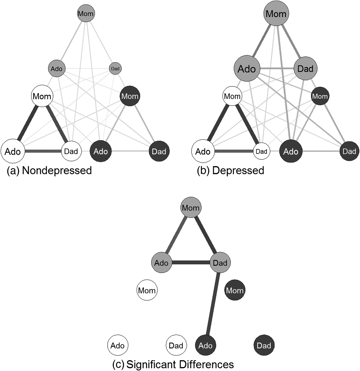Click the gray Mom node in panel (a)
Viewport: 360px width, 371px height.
click(x=86, y=13)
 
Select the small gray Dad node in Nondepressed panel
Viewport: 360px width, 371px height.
click(x=115, y=69)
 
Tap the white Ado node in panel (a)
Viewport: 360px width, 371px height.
click(x=13, y=151)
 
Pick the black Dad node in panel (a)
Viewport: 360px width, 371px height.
click(x=159, y=151)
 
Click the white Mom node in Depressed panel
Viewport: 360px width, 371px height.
click(x=232, y=96)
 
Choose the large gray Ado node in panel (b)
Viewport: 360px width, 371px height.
click(x=247, y=69)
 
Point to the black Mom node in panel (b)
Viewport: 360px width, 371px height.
click(x=320, y=96)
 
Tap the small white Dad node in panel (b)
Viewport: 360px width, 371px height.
click(x=262, y=151)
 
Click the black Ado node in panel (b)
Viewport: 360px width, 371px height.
click(x=291, y=151)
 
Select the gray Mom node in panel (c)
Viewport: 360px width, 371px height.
click(x=191, y=208)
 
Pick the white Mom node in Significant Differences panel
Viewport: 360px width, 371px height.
click(x=147, y=290)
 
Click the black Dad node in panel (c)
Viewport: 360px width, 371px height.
click(x=264, y=346)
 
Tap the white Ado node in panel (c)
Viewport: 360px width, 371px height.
click(x=118, y=346)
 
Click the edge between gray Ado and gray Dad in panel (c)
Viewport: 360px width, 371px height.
click(x=191, y=263)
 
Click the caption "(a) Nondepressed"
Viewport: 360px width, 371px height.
click(x=49, y=171)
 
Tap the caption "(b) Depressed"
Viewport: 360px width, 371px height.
click(x=231, y=171)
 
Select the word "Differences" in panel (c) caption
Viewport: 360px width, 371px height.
click(x=206, y=364)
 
